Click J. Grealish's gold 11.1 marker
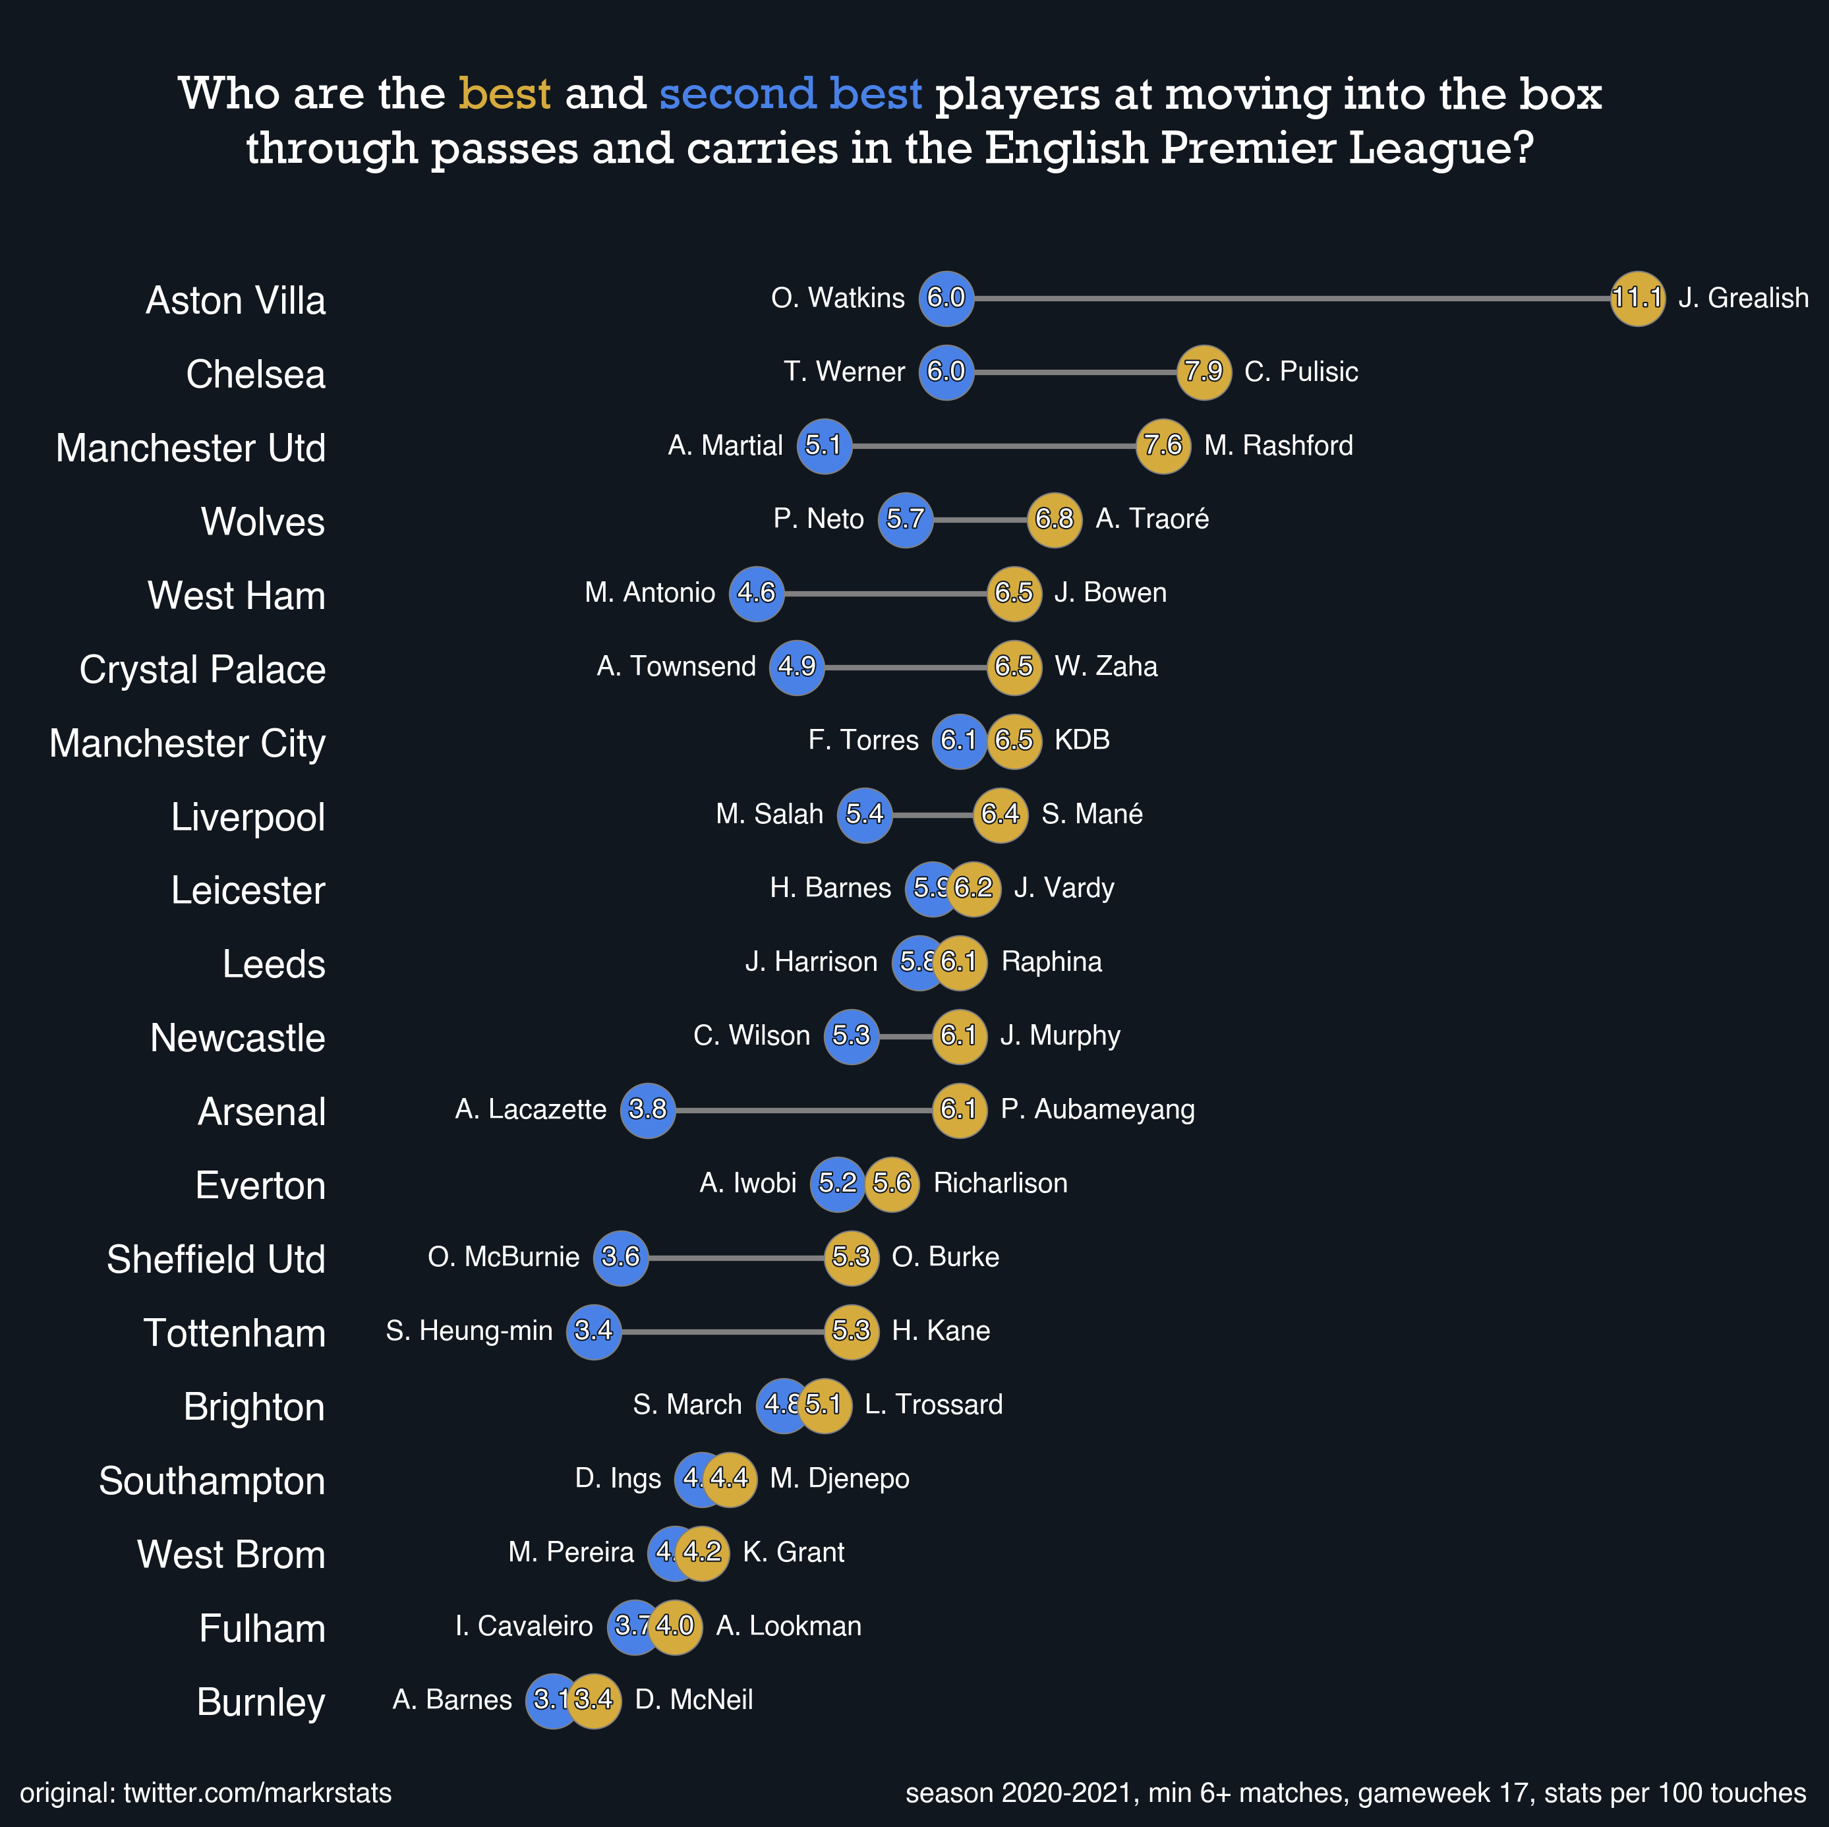[1637, 298]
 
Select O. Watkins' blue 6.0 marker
[946, 298]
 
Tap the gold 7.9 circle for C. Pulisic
[1204, 372]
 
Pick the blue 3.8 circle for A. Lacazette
[647, 1109]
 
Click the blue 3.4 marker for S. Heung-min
[594, 1331]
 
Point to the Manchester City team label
[187, 743]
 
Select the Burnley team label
[260, 1702]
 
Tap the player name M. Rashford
[1278, 446]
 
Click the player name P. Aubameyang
[1097, 1109]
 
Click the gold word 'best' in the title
[505, 94]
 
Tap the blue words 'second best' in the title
[790, 94]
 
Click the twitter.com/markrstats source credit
[206, 1793]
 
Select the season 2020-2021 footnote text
[1354, 1793]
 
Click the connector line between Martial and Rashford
[994, 446]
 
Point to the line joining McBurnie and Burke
[736, 1257]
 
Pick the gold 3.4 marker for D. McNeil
[595, 1700]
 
